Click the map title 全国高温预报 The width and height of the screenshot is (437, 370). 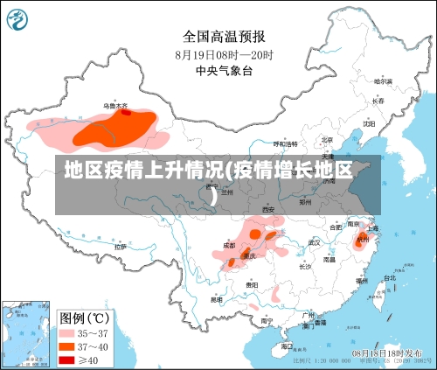pos(225,36)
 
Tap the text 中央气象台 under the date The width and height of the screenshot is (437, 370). pos(225,70)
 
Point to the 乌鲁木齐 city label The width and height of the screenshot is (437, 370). pos(115,106)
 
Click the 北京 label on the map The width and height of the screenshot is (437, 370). pos(327,140)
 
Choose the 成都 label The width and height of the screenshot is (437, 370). pos(229,246)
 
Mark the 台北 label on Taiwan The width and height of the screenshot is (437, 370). pos(389,278)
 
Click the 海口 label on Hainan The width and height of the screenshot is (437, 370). pos(286,346)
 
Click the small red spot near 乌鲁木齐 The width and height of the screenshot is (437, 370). pos(126,112)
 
